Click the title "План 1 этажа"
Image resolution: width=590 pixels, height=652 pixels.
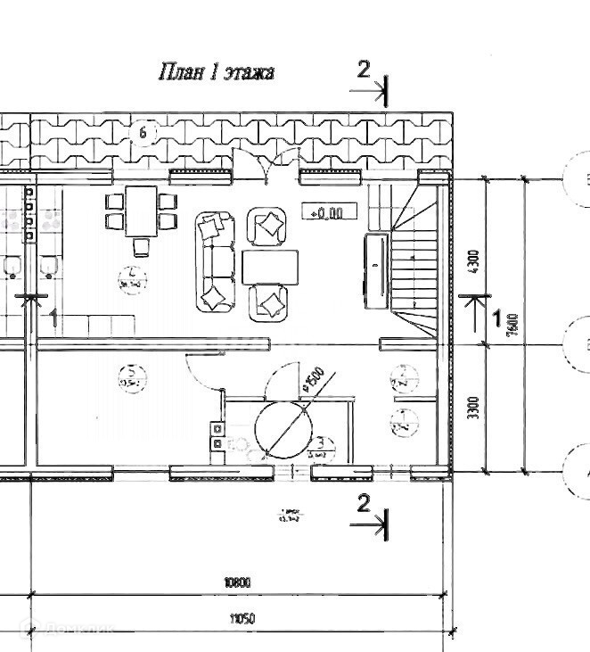[216, 72]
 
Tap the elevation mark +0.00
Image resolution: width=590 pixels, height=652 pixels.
[330, 211]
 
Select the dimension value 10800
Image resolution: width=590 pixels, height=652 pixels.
[238, 582]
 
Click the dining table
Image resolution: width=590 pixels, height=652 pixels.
[140, 210]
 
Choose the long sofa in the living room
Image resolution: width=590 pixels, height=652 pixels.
[214, 261]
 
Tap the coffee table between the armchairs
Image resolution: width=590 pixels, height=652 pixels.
[270, 266]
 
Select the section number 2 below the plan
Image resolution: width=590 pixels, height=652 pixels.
[363, 503]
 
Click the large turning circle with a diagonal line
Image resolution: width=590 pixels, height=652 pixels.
[282, 428]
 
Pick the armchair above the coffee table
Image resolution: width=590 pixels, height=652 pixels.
[266, 227]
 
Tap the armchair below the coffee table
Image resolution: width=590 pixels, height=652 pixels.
[268, 301]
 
